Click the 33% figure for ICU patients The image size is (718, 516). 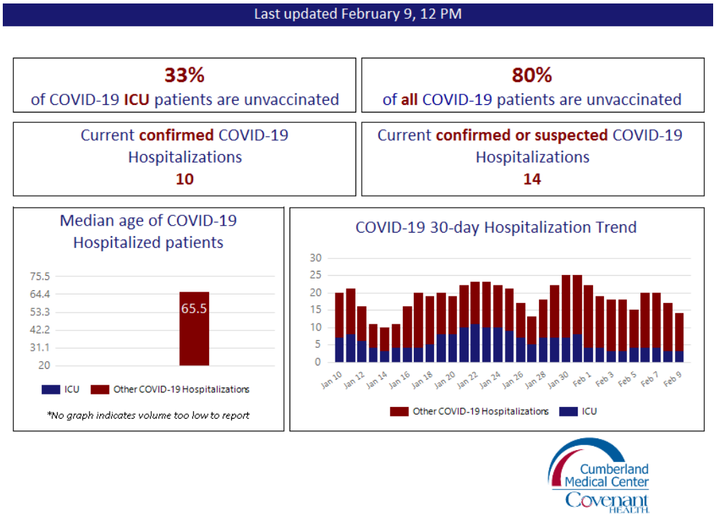tap(184, 76)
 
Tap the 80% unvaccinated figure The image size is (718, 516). tap(532, 76)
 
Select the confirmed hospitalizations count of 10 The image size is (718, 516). tap(184, 179)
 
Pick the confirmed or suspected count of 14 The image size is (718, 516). tap(532, 179)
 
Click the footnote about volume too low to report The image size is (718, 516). tap(148, 415)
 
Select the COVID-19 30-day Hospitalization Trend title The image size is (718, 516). tap(495, 228)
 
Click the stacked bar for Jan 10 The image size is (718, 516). tap(340, 326)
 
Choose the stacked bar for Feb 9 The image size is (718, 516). tap(678, 337)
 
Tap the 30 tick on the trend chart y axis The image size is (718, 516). tap(316, 258)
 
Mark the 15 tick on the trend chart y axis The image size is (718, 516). tap(316, 310)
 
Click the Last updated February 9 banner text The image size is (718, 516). tap(358, 13)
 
